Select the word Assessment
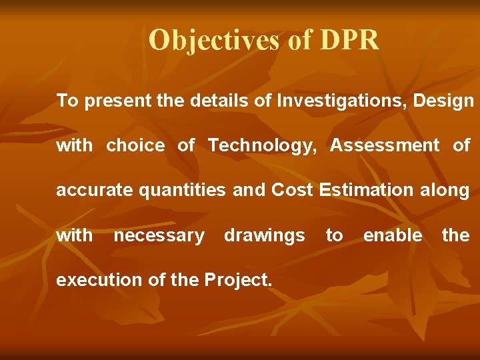coord(385,145)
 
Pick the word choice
coord(135,145)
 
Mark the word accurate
coord(94,191)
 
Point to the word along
coord(445,191)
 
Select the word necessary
coord(159,235)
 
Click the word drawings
coord(264,235)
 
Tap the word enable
coord(392,235)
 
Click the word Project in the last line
coord(236,280)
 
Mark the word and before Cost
coord(249,191)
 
